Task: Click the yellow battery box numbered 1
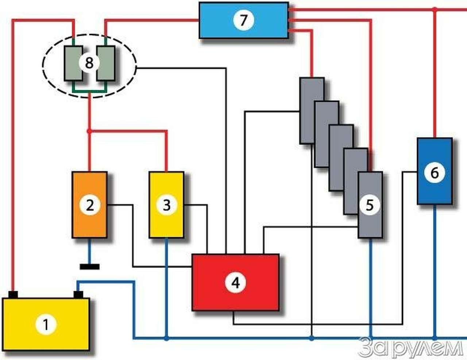[46, 323]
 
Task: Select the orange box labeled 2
[89, 205]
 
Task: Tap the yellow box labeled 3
[166, 205]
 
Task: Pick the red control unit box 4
[236, 282]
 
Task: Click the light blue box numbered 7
[244, 20]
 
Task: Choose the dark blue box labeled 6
[435, 171]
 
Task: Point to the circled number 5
[370, 205]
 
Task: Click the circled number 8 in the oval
[89, 63]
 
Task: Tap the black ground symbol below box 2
[89, 267]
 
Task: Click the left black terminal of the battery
[13, 294]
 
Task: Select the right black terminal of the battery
[78, 294]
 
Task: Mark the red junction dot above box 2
[89, 131]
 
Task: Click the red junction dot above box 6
[435, 10]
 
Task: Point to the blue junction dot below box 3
[166, 338]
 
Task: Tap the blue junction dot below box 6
[435, 338]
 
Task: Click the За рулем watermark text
[410, 348]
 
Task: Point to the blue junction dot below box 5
[370, 338]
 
